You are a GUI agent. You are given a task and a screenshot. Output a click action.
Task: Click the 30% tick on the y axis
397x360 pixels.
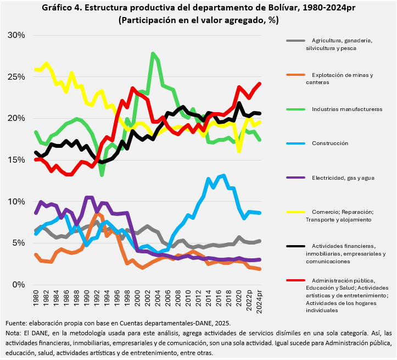16,35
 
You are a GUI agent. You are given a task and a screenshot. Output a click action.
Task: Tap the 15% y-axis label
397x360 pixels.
16,160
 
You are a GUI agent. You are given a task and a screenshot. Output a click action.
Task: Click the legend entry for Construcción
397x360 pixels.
330,143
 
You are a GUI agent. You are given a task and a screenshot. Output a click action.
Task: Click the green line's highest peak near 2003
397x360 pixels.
153,53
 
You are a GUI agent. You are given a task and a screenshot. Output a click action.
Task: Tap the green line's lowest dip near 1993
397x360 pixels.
102,175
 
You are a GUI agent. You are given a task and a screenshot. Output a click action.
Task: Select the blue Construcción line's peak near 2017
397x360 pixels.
223,175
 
